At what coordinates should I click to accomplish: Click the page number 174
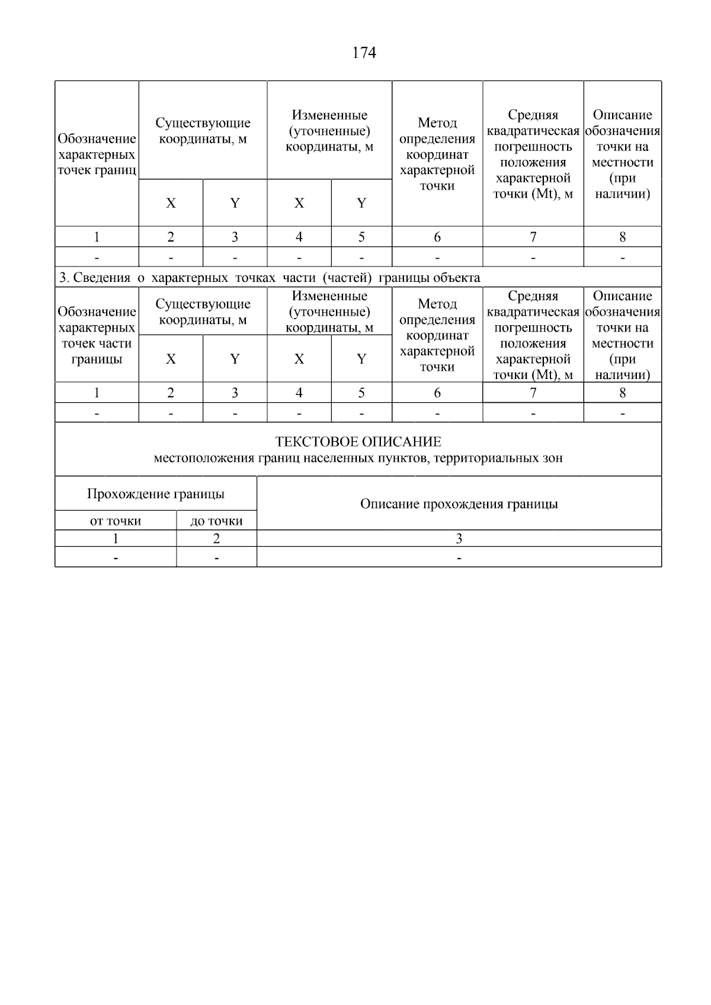[x=364, y=53]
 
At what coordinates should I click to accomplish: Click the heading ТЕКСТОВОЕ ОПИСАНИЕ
[x=358, y=442]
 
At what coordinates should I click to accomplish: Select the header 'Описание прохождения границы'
[x=459, y=504]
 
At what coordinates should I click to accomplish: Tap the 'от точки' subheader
[x=116, y=521]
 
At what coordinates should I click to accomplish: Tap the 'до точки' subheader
[x=216, y=521]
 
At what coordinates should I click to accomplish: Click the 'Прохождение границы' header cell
[x=155, y=494]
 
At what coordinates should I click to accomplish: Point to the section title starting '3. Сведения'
[x=270, y=278]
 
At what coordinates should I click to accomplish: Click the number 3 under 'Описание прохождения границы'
[x=459, y=538]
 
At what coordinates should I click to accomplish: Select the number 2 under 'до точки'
[x=216, y=538]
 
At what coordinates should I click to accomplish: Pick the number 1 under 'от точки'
[x=116, y=538]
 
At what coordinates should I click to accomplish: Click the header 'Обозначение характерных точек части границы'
[x=97, y=335]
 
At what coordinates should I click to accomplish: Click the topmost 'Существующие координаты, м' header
[x=203, y=131]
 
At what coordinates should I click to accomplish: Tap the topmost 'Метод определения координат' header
[x=437, y=154]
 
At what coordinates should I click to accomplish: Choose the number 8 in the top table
[x=622, y=237]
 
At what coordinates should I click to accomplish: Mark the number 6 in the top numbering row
[x=437, y=237]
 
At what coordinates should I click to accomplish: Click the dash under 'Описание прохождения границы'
[x=459, y=558]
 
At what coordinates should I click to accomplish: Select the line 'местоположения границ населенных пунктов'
[x=358, y=458]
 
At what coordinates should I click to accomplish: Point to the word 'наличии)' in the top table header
[x=622, y=194]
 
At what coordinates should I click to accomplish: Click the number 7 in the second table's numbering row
[x=533, y=393]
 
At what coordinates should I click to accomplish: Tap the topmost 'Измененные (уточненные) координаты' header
[x=329, y=131]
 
